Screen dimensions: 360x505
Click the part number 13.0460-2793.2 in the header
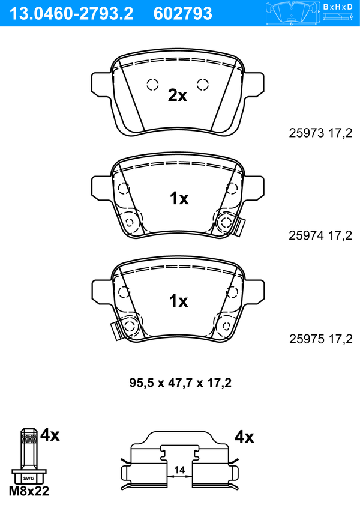click(71, 14)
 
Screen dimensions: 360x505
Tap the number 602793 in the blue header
click(183, 14)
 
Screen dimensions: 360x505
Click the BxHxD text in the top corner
click(338, 7)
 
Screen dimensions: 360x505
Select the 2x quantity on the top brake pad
click(177, 95)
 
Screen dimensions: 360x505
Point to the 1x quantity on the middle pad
click(179, 198)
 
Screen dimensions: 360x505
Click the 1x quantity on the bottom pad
click(179, 301)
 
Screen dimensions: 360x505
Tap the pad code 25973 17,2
click(320, 133)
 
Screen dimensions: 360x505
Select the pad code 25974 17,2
click(320, 235)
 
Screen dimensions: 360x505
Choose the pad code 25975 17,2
click(321, 339)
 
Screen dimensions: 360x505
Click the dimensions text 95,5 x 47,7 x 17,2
click(181, 383)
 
